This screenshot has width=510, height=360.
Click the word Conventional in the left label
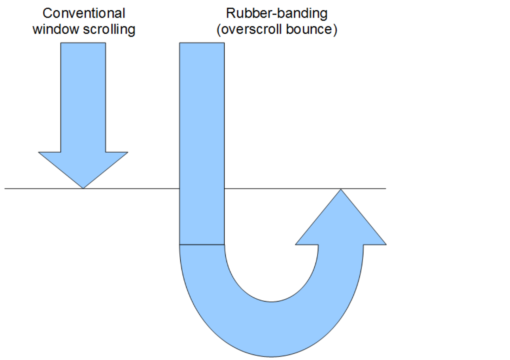pos(84,13)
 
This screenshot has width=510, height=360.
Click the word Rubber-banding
pos(277,13)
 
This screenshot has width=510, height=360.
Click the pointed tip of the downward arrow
pos(83,188)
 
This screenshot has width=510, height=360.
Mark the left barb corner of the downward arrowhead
pos(39,152)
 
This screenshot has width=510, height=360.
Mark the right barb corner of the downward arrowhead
pos(128,152)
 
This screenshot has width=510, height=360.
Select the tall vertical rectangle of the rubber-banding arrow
pos(202,142)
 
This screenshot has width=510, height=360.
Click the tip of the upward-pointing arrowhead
pos(341,189)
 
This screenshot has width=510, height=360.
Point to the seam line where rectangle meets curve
pos(202,245)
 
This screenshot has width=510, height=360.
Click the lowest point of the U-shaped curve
pos(271,357)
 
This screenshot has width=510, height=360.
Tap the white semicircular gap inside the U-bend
pos(271,269)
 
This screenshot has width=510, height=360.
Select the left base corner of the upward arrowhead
pos(296,244)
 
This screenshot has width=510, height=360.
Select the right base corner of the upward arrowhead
pos(386,244)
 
